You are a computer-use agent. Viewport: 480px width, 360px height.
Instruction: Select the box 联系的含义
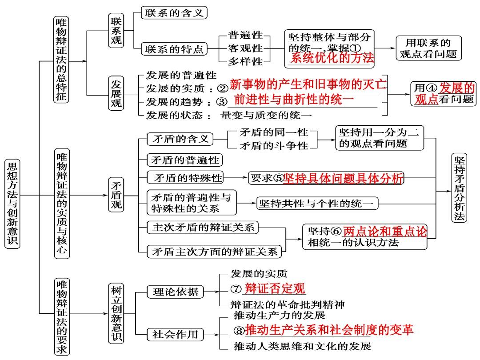coord(174,13)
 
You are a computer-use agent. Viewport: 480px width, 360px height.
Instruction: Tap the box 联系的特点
coord(174,49)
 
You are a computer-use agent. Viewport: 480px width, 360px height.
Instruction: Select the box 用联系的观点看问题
coord(428,48)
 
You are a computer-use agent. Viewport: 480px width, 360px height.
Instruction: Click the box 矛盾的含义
coord(180,139)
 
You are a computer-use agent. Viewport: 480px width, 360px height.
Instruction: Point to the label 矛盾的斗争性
coord(274,145)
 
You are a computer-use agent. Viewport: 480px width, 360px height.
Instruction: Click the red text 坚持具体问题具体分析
coord(344,178)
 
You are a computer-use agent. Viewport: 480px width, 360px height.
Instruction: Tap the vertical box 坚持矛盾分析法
coord(460,188)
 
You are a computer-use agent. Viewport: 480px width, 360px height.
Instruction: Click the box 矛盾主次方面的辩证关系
coord(214,252)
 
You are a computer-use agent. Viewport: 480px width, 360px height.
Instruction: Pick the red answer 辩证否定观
coord(275,289)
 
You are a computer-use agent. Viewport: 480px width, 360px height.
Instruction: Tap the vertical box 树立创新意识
coord(116,313)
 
